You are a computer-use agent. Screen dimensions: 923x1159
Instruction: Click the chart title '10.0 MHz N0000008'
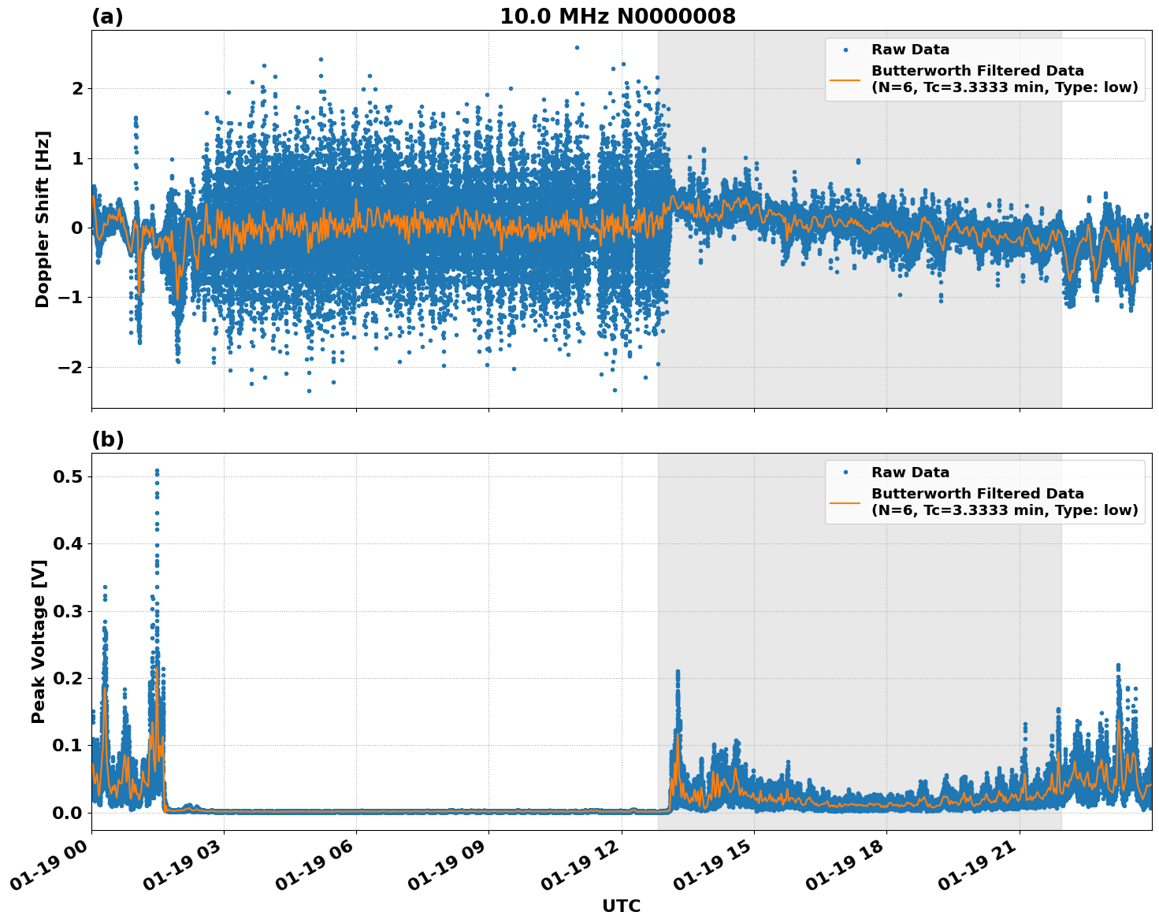click(617, 17)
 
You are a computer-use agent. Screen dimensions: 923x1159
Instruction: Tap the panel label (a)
click(107, 17)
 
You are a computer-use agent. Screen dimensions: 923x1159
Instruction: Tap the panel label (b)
click(107, 439)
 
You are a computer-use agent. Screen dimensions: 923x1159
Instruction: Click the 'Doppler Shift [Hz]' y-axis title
click(43, 219)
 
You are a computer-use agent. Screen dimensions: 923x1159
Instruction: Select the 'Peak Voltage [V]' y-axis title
click(39, 641)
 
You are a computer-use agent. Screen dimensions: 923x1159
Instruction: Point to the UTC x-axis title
click(621, 906)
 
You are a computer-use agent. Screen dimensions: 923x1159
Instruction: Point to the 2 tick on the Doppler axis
click(77, 88)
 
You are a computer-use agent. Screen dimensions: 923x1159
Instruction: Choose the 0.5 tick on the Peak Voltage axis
click(69, 476)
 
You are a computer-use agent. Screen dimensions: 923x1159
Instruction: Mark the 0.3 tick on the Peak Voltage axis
click(69, 611)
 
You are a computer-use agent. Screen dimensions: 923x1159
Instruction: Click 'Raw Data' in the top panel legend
click(910, 50)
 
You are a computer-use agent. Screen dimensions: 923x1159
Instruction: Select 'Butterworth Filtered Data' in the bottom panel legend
click(977, 494)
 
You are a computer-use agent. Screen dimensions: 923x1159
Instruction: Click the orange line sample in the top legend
click(845, 79)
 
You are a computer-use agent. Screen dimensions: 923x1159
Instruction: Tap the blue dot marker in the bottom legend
click(845, 473)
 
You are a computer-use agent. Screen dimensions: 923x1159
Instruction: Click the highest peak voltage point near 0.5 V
click(157, 471)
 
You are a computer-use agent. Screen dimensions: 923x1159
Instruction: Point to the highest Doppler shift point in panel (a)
click(577, 47)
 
